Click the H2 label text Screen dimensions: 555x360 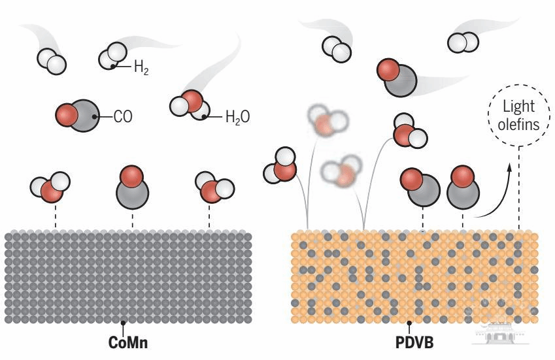click(x=141, y=67)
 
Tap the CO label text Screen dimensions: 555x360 click(x=123, y=116)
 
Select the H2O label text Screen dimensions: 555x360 click(x=237, y=117)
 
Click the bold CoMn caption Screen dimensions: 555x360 click(x=127, y=342)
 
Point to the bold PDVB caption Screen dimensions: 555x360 click(x=414, y=342)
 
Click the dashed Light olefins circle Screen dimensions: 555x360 click(x=519, y=115)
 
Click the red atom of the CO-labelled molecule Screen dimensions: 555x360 click(x=67, y=114)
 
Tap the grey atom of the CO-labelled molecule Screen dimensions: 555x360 click(x=84, y=116)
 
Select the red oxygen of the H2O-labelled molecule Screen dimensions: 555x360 click(x=193, y=101)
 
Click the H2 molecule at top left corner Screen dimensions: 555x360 click(x=52, y=61)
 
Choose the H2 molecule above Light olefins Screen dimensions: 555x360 click(x=463, y=42)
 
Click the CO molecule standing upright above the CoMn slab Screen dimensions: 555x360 click(x=132, y=187)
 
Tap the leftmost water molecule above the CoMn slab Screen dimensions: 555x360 click(x=50, y=187)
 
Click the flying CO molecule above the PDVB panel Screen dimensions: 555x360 click(x=397, y=78)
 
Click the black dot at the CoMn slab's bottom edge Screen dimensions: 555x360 click(x=123, y=323)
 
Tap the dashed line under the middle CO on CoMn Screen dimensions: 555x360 click(x=133, y=220)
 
